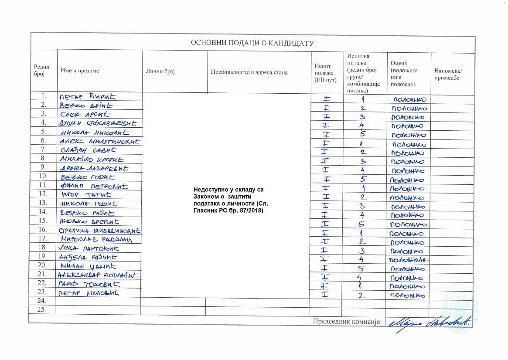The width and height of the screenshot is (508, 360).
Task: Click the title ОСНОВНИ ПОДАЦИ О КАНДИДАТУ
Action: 252,43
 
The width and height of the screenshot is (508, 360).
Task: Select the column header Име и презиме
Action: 80,71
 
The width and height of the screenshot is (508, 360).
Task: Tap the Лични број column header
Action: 160,71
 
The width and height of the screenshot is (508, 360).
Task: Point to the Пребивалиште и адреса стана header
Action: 249,72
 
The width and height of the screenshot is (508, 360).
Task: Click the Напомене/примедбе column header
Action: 448,75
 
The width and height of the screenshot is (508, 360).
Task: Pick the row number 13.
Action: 43,203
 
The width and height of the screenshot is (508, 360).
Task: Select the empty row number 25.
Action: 42,309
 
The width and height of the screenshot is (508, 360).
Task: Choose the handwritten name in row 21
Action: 98,275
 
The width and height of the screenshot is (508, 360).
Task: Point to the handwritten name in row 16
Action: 100,230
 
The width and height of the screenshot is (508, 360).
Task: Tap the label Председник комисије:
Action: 347,322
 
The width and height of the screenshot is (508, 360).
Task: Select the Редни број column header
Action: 41,71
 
